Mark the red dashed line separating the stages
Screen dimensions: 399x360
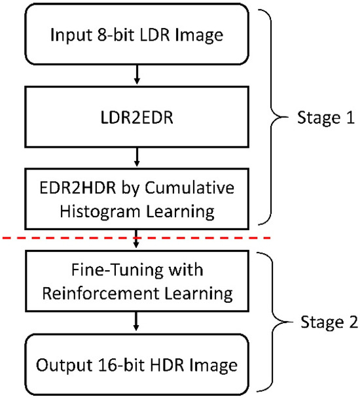click(65, 239)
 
